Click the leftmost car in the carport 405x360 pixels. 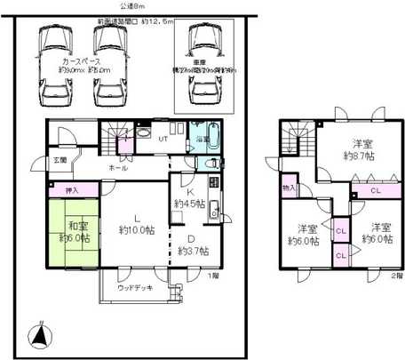[54, 65]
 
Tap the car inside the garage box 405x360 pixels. [206, 65]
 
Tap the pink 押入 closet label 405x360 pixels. [72, 190]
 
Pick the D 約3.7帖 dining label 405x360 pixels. [190, 244]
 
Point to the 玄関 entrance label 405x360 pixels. [34, 160]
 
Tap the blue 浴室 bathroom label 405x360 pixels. [202, 140]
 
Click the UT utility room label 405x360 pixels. [163, 140]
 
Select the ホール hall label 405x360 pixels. [117, 167]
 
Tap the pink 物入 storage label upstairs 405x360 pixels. [289, 188]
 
